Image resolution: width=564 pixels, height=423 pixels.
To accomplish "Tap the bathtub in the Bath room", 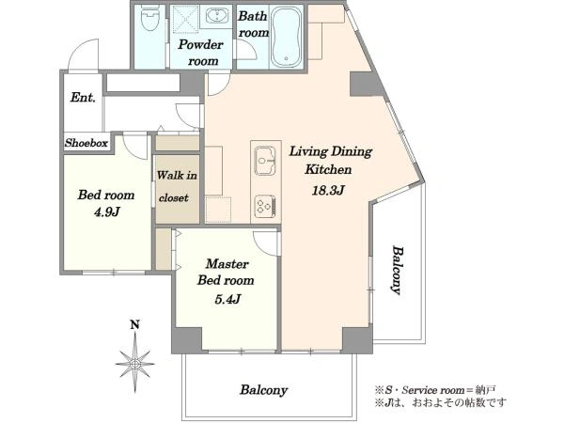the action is coord(287,37).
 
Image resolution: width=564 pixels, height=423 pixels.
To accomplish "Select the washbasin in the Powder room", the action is coord(216,16).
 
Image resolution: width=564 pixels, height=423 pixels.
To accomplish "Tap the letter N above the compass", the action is coord(134,325).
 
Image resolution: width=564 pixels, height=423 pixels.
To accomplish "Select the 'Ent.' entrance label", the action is coord(83,97).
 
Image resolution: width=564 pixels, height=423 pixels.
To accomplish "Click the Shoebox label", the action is coord(86,143).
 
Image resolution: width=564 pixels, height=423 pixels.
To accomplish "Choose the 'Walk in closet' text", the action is coord(177,186).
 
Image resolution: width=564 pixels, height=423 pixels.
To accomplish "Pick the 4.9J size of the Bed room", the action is coord(107,211).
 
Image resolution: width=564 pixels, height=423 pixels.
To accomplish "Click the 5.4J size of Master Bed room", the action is coord(227,299).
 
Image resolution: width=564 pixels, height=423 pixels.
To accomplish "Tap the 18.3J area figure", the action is coord(328,190).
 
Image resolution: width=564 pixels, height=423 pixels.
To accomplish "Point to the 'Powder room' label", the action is coord(201,53).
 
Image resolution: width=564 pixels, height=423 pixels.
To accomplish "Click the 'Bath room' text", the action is coord(253,24).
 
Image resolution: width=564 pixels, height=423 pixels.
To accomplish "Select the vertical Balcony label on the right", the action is coord(397,270).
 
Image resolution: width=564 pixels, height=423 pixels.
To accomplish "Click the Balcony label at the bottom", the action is coord(263,390).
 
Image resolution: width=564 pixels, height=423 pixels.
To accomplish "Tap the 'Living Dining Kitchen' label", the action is coord(331,160).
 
